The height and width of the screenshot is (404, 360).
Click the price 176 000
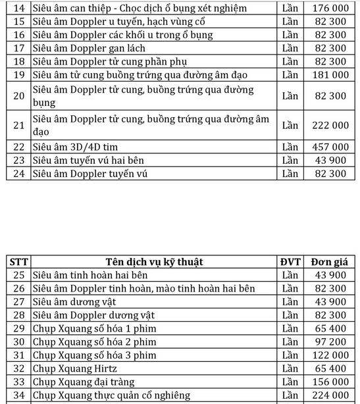(x=330, y=8)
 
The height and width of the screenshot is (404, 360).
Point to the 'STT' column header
(x=18, y=262)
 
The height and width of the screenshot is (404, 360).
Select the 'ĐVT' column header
(x=290, y=262)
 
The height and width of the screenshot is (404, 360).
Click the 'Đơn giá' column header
(x=330, y=262)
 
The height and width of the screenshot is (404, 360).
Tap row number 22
(x=18, y=147)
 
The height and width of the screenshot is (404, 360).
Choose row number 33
(x=18, y=382)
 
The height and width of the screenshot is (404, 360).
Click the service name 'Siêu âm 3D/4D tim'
(x=75, y=147)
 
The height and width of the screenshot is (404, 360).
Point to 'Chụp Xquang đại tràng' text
(x=83, y=382)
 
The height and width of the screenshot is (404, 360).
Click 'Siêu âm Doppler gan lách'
(x=89, y=48)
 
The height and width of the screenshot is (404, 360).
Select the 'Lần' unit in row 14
(x=290, y=8)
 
